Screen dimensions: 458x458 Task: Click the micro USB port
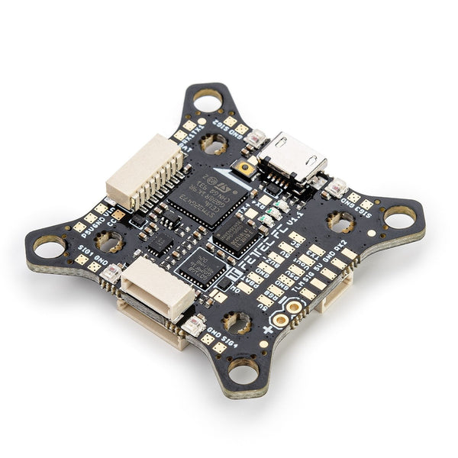point(292,158)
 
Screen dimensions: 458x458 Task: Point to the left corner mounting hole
point(49,247)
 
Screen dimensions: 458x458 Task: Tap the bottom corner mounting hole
point(243,372)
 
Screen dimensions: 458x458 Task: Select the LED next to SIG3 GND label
point(336,187)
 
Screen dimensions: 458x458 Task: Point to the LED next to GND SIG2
point(256,138)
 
